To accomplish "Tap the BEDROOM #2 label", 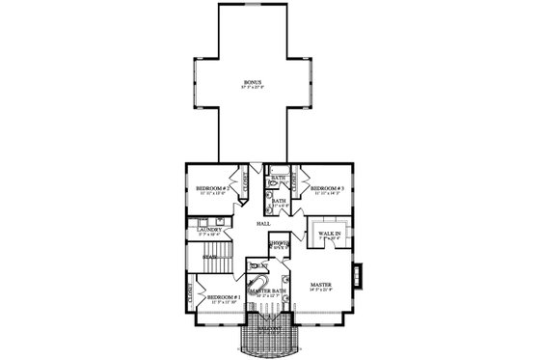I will (211, 187).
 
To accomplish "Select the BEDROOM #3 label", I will (327, 187).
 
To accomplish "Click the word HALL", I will (262, 222).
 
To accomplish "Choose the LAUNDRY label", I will (210, 230).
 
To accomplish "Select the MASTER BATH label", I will (265, 291).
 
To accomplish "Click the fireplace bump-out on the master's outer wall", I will (358, 276).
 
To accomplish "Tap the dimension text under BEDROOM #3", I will (327, 193).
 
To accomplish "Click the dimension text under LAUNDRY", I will (210, 235).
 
